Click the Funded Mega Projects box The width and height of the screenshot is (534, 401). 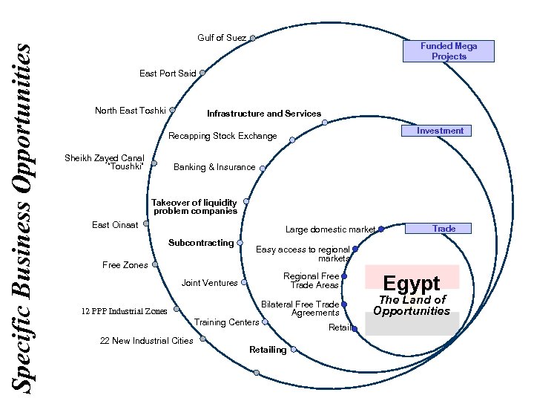tap(449, 50)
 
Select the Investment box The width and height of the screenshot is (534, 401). tap(440, 131)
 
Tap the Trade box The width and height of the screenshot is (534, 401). tap(444, 229)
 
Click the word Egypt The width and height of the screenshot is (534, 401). tap(412, 283)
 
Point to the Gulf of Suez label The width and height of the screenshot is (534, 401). tap(222, 38)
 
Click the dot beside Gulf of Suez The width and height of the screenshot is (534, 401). tap(253, 38)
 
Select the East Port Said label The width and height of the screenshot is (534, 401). tap(168, 74)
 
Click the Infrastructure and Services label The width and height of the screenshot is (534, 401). tap(264, 114)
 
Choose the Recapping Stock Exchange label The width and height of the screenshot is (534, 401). tap(222, 136)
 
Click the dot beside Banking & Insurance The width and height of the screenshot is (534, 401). tap(263, 168)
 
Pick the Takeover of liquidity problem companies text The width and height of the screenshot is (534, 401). tap(194, 206)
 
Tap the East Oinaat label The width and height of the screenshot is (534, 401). tap(115, 225)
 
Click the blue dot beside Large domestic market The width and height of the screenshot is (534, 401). tap(380, 229)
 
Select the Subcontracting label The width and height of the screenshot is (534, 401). tap(201, 243)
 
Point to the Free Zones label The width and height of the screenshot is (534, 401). tap(125, 265)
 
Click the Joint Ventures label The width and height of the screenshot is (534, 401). tap(210, 283)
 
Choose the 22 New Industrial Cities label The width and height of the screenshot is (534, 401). tap(146, 341)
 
